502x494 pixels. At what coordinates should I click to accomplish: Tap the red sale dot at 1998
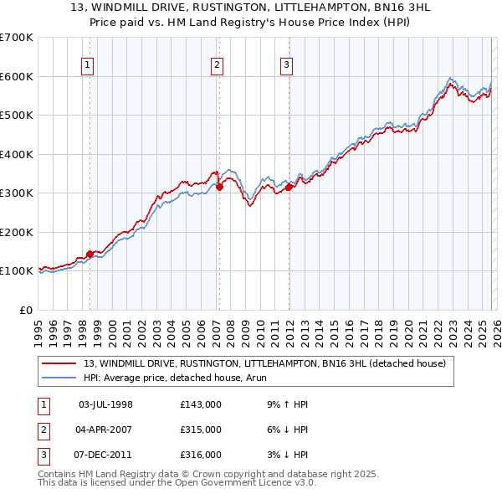click(90, 254)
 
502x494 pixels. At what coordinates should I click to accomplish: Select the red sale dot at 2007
click(219, 188)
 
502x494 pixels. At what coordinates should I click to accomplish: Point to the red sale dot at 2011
click(289, 188)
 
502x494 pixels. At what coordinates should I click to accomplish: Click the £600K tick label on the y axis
click(16, 76)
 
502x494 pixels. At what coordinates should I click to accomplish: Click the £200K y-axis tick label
click(16, 232)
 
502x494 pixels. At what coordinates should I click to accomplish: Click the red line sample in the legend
click(61, 363)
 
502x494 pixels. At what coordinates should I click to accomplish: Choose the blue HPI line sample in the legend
click(61, 377)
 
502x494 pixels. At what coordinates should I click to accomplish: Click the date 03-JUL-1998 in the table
click(105, 404)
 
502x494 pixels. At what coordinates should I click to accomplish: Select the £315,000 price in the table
click(201, 430)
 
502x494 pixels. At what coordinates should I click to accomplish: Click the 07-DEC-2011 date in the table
click(105, 455)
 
